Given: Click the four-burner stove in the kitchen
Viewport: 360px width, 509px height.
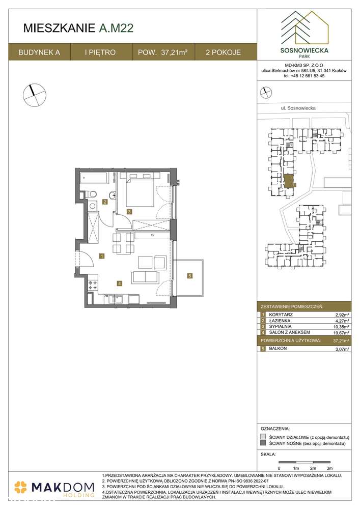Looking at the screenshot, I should (93, 286).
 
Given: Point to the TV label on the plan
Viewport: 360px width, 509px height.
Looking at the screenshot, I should (152, 236).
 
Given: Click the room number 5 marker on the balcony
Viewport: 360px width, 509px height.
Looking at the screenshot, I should (189, 276).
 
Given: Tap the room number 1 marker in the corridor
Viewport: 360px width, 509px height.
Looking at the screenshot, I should (102, 256).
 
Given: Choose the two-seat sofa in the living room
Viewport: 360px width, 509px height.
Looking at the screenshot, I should (145, 276).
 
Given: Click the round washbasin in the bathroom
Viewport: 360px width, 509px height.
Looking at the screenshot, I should (93, 206).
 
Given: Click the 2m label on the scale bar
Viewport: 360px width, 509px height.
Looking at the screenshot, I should (313, 467).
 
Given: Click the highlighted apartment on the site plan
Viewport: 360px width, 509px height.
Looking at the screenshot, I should (289, 181).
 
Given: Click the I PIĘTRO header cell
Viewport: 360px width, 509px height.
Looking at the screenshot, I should (101, 52).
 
